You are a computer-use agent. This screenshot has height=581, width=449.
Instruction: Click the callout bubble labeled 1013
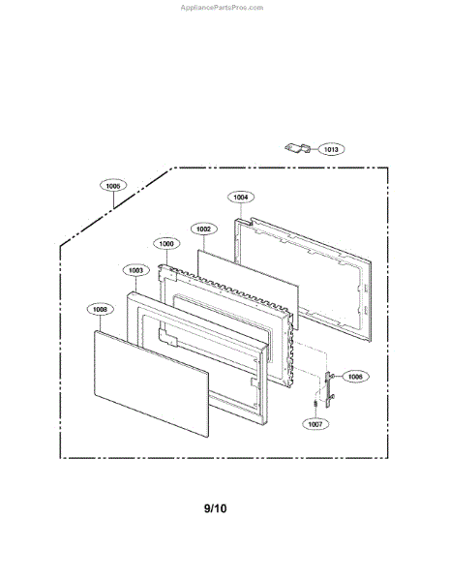tap(331, 150)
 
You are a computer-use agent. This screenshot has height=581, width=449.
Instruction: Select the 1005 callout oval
tap(113, 185)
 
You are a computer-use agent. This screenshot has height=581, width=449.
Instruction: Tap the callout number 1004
tap(241, 197)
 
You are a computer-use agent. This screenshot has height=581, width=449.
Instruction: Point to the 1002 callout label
tap(202, 229)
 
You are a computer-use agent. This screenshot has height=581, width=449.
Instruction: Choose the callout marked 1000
tap(166, 244)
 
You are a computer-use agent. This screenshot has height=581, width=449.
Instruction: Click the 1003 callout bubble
tap(136, 270)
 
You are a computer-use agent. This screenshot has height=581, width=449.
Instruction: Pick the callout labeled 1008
tap(100, 310)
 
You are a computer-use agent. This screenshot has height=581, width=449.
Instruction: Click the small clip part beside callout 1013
tap(298, 147)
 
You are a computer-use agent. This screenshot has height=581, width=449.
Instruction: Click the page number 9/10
tap(216, 507)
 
